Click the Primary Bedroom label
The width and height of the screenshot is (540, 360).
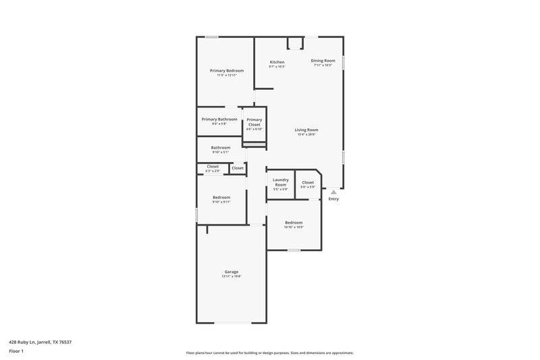[x=226, y=70]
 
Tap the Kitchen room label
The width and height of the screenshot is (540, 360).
[x=277, y=61]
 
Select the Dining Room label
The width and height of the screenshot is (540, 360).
[x=323, y=60]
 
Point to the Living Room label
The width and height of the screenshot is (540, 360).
[x=306, y=130]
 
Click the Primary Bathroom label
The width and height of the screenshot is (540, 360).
[x=219, y=119]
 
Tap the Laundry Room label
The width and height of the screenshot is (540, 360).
[x=281, y=182]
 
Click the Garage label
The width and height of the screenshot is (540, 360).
[x=232, y=272]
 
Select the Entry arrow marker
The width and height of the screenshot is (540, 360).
[x=333, y=192]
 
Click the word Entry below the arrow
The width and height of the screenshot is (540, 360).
[x=333, y=199]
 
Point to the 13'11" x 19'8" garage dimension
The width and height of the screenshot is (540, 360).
[x=232, y=276]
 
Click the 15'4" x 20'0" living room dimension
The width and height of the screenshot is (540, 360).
[x=306, y=134]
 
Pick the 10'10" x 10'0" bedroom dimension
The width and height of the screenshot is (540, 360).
[x=294, y=227]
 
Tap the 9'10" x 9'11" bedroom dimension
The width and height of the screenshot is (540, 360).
[x=221, y=202]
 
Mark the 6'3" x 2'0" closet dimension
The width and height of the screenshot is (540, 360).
[x=213, y=171]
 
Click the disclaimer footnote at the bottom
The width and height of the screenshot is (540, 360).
[x=269, y=353]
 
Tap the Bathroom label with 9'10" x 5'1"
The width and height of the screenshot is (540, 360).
[x=221, y=147]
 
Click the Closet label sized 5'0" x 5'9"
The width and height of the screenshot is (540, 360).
[x=308, y=182]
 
